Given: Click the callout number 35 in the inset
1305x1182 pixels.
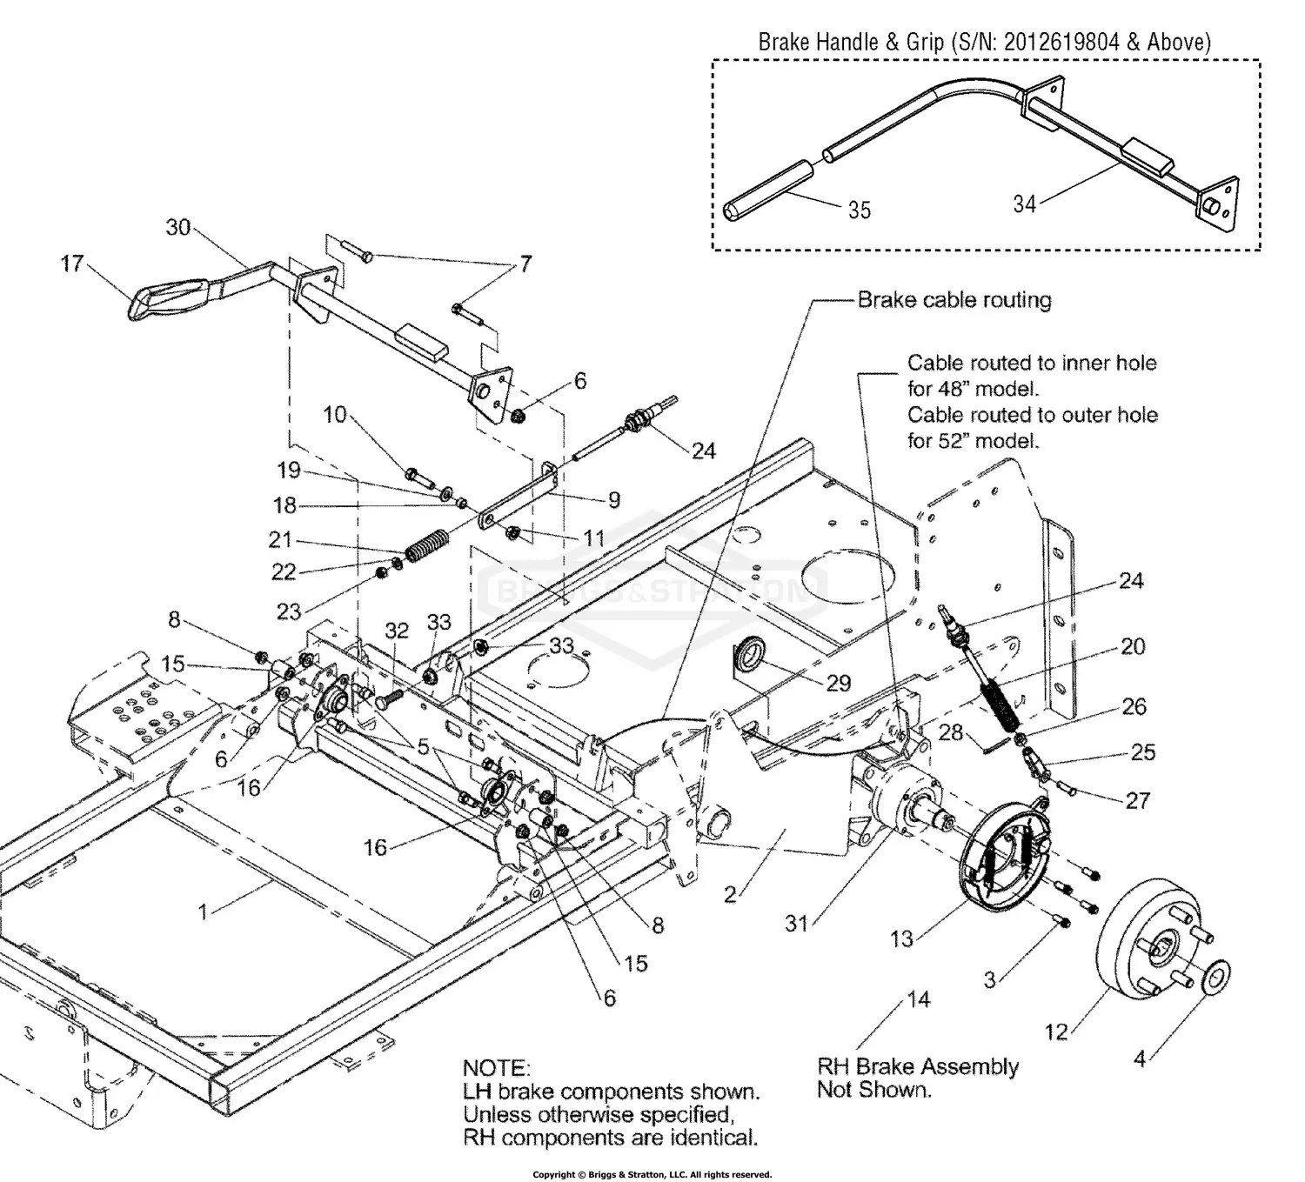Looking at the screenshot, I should pyautogui.click(x=859, y=210).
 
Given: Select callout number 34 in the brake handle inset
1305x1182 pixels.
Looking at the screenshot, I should pyautogui.click(x=1025, y=204).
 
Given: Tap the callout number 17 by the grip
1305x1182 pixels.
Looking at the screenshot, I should pyautogui.click(x=72, y=263).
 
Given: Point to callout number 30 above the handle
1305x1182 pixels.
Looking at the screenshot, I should pyautogui.click(x=178, y=227).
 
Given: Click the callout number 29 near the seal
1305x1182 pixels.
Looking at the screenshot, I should pyautogui.click(x=838, y=683).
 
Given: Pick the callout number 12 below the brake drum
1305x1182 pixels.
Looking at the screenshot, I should pyautogui.click(x=1055, y=1032).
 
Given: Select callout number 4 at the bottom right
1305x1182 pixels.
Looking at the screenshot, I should pyautogui.click(x=1140, y=1058).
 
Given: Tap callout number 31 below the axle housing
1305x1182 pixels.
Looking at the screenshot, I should pyautogui.click(x=797, y=924).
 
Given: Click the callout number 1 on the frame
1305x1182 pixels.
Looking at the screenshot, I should pyautogui.click(x=203, y=912).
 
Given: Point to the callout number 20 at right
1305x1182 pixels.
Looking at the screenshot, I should pyautogui.click(x=1133, y=646).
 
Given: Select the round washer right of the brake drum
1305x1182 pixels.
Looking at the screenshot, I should pyautogui.click(x=1216, y=977).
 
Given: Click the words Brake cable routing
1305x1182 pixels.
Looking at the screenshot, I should pyautogui.click(x=954, y=300).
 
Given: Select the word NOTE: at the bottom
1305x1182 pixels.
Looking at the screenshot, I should pyautogui.click(x=495, y=1067).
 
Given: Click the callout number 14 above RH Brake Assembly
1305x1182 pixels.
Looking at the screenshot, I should pyautogui.click(x=919, y=1000).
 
